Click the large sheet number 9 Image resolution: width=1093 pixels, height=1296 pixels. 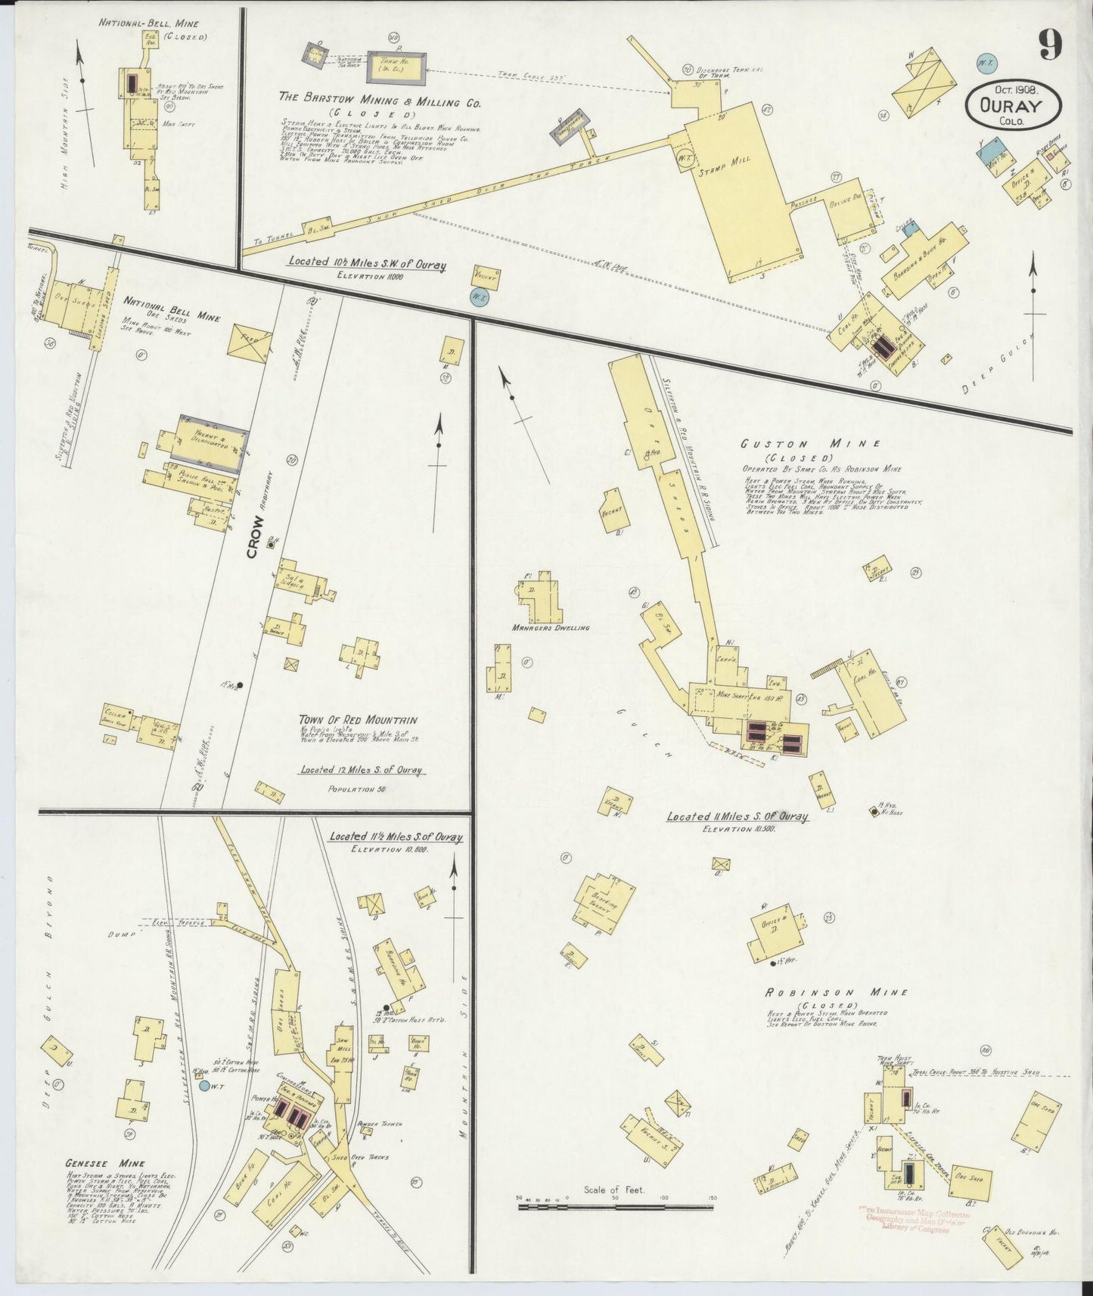(1048, 45)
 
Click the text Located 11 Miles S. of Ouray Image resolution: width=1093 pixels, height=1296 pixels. (737, 817)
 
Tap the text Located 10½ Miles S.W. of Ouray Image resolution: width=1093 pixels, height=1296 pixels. (367, 265)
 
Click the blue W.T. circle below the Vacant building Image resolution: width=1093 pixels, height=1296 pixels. (479, 297)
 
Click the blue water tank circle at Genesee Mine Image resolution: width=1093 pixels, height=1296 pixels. (204, 1086)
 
